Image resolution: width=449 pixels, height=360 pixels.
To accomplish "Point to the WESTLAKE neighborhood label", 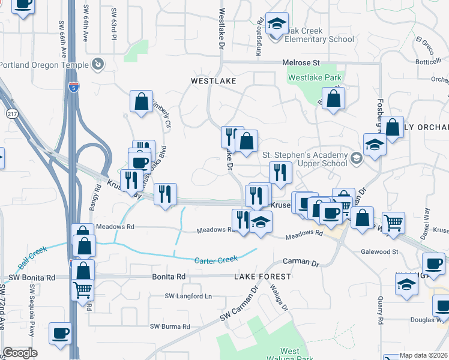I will click(x=213, y=80).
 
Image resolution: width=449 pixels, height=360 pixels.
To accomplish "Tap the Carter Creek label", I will click(x=216, y=259).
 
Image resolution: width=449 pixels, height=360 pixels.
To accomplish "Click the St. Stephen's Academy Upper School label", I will click(x=306, y=159).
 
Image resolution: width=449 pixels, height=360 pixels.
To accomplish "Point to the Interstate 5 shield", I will click(x=73, y=87).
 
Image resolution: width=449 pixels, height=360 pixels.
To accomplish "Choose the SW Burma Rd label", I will click(x=170, y=326).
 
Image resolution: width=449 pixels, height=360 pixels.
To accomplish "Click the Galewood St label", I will click(x=379, y=252).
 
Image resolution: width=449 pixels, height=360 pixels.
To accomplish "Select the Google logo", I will click(x=20, y=353).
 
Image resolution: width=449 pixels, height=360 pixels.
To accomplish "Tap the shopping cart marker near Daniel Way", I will click(x=393, y=223).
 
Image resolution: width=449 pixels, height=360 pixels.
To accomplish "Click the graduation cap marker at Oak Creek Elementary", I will click(x=277, y=24).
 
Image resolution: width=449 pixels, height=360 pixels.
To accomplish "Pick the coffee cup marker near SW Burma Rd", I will click(x=59, y=332).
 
